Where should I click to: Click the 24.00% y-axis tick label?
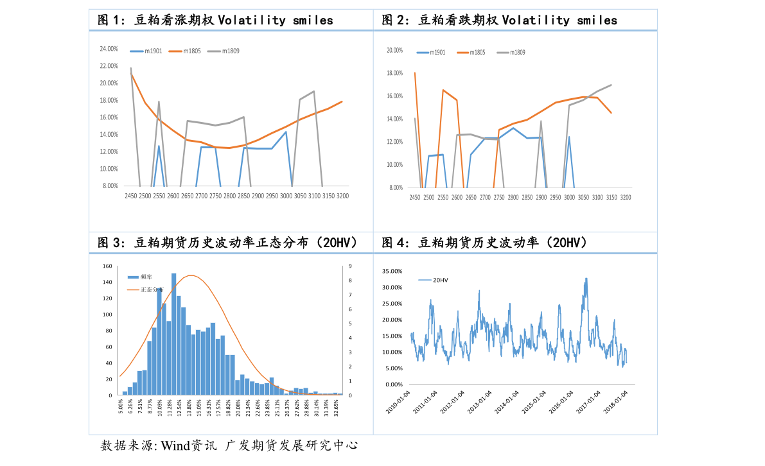(x=109, y=49)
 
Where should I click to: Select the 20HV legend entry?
(x=440, y=280)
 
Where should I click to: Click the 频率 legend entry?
(x=146, y=277)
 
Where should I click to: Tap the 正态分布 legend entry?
(x=152, y=289)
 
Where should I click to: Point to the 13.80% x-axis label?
(x=189, y=406)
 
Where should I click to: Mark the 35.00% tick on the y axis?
(x=392, y=272)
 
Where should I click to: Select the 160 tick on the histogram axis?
(x=107, y=266)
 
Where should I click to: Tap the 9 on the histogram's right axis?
(x=350, y=266)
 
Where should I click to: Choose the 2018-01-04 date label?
(x=615, y=402)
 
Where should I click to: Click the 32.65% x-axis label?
(x=336, y=406)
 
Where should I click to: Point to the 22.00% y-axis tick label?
(x=109, y=66)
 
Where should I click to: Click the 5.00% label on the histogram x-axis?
(x=120, y=406)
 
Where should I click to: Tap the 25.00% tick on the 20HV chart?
(x=392, y=304)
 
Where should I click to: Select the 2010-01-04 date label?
(x=397, y=402)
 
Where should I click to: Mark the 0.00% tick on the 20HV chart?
(x=393, y=384)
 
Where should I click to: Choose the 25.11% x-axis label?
(x=277, y=406)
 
